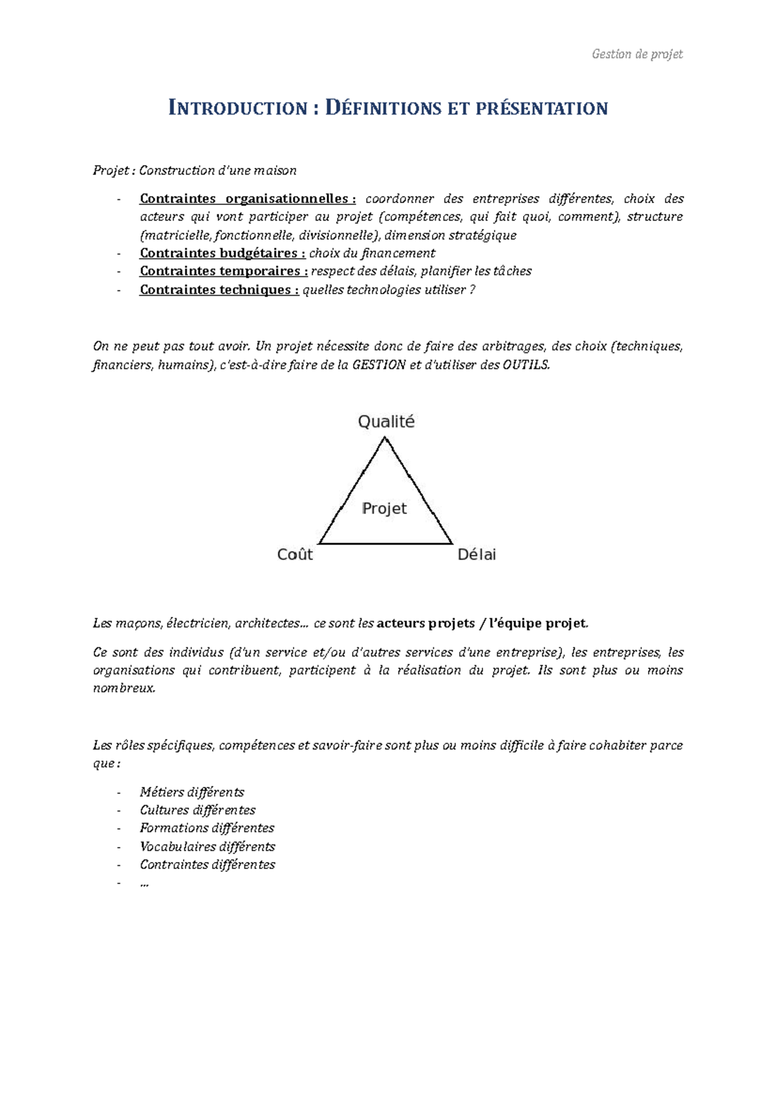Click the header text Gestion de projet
(x=637, y=54)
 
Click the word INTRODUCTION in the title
(x=237, y=108)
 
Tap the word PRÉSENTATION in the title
(x=542, y=108)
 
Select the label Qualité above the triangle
(x=386, y=422)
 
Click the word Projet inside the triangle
(x=384, y=508)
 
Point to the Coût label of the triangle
(x=295, y=554)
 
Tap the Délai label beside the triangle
(x=477, y=554)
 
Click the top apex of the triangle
(x=385, y=438)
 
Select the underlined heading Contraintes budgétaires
(x=222, y=253)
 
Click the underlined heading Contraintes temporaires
(x=223, y=271)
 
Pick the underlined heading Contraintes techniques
(x=219, y=290)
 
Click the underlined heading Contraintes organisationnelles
(x=247, y=199)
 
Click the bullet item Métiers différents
(x=192, y=792)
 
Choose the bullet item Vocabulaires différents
(x=208, y=846)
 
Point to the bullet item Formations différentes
(x=207, y=828)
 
